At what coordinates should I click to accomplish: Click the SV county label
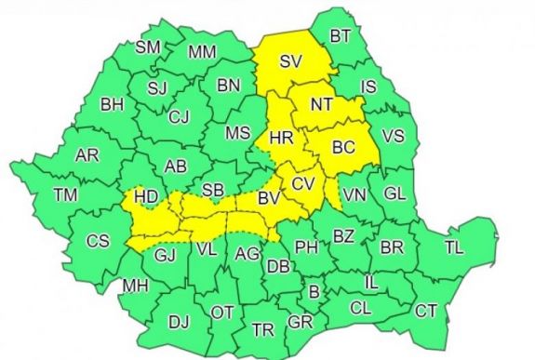click(291, 63)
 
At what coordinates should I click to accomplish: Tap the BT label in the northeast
click(341, 37)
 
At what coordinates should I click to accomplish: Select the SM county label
click(148, 47)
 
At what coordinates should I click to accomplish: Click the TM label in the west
click(65, 194)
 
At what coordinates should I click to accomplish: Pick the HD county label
click(146, 198)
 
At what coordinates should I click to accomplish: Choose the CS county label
click(98, 241)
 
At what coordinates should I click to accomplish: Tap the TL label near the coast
click(454, 248)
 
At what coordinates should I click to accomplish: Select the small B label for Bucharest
click(314, 292)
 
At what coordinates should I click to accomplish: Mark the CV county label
click(302, 184)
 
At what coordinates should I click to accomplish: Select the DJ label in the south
click(179, 322)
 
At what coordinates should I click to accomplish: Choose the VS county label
click(394, 137)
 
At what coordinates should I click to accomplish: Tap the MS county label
click(237, 133)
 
